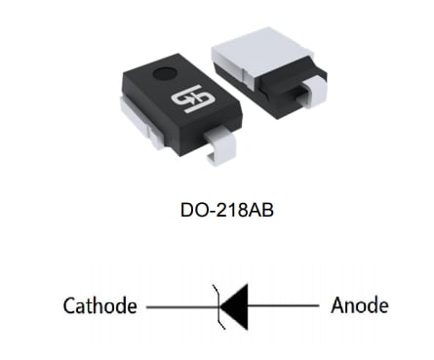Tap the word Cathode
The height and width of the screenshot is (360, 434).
tap(99, 306)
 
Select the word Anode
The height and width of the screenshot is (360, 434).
tap(360, 305)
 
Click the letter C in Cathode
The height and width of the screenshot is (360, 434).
tap(68, 306)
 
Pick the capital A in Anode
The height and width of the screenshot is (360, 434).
tap(337, 305)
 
